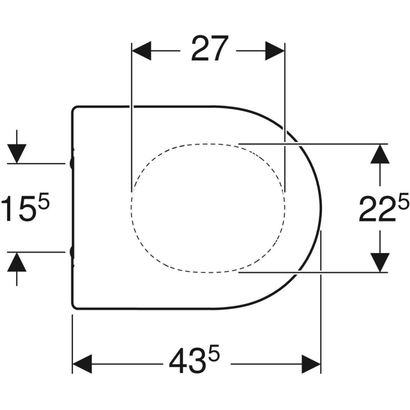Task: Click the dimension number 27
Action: coord(210,49)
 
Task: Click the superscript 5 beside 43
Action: coord(214,353)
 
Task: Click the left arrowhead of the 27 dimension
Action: coord(141,51)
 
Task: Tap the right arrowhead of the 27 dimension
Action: coord(275,51)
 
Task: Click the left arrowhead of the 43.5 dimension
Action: coord(82,364)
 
